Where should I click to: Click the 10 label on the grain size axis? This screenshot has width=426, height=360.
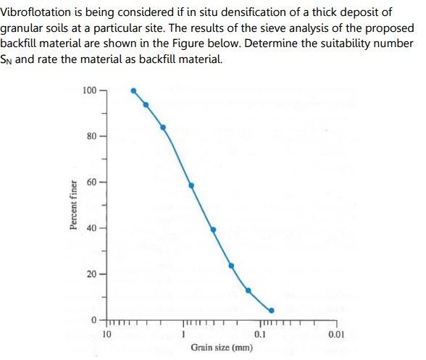(106, 334)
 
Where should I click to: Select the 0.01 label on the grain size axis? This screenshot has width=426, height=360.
(335, 334)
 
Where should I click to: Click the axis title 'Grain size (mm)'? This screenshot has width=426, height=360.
(222, 348)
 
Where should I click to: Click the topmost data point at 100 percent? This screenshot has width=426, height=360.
(133, 91)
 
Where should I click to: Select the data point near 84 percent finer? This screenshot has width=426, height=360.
(163, 127)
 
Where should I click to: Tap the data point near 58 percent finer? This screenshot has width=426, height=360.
(192, 185)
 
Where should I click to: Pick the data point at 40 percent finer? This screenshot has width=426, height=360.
(213, 230)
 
